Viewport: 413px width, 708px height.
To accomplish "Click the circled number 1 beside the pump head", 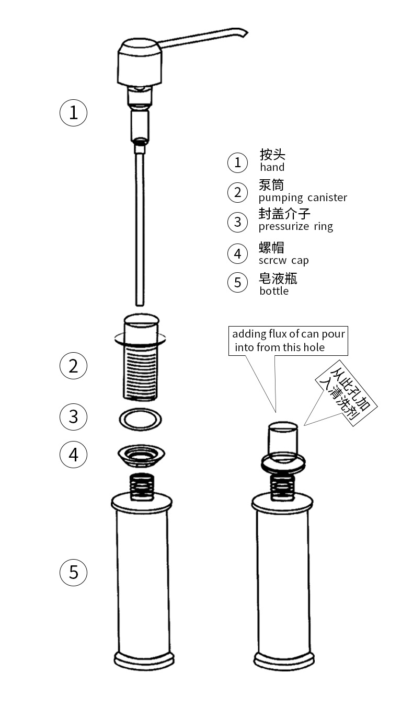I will tap(73, 112).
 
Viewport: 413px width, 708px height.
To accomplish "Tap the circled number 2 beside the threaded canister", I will tap(73, 366).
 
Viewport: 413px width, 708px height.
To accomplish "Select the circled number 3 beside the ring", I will tap(73, 416).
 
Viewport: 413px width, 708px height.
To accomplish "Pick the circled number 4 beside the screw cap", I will tap(73, 454).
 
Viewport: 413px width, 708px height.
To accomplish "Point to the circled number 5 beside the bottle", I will tap(73, 572).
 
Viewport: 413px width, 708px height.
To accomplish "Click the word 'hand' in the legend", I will tap(272, 167).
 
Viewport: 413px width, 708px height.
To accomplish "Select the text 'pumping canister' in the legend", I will tap(303, 198).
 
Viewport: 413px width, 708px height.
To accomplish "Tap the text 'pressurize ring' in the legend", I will tap(295, 226).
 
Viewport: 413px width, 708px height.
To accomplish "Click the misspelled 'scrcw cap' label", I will tap(284, 260).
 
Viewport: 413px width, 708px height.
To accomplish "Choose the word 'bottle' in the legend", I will tap(274, 291).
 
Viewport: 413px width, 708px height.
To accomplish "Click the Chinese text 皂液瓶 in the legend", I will tap(278, 278).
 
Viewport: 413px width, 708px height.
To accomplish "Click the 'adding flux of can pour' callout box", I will tap(288, 341).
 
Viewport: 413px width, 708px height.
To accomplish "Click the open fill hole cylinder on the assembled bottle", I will tap(283, 438).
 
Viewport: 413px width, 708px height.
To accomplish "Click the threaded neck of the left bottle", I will tap(141, 485).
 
